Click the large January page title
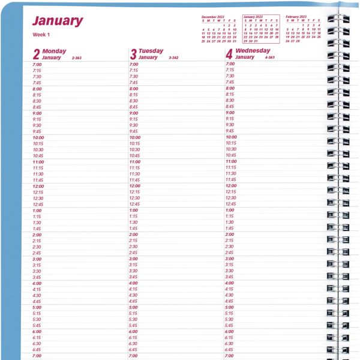(58, 21)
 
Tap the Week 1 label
(41, 35)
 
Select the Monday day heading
(55, 51)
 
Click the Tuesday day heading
(151, 51)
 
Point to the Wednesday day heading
(253, 51)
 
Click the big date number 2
(37, 55)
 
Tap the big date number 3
(133, 55)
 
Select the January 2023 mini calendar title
(257, 17)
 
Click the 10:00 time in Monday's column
(38, 137)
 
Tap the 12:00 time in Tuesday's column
(135, 186)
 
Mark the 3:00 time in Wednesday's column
(230, 259)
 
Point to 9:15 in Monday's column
(37, 119)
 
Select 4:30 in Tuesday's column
(134, 295)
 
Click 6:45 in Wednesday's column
(230, 349)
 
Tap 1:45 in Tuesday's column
(134, 229)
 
